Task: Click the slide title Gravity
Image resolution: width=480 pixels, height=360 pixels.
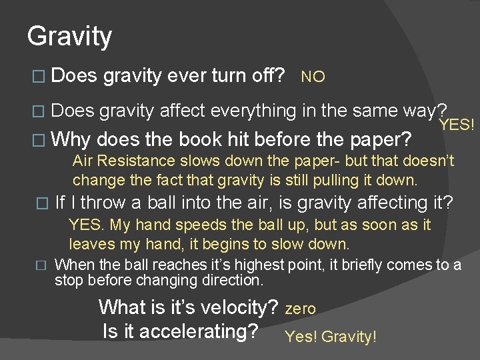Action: [69, 36]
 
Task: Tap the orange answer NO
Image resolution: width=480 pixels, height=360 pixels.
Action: [313, 77]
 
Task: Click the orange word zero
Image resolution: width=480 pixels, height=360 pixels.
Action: [301, 309]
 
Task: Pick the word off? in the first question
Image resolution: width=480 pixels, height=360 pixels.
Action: [266, 75]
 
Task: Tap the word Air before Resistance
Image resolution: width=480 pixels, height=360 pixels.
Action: [84, 161]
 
